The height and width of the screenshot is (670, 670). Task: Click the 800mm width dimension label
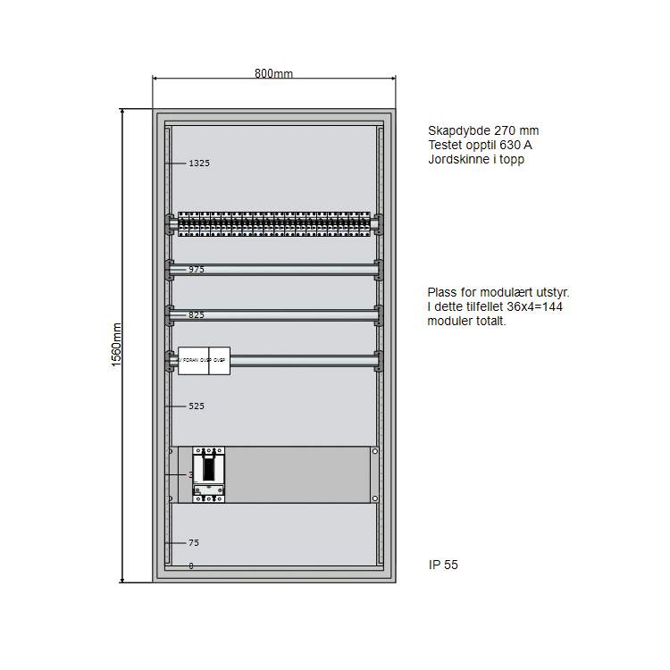(x=273, y=73)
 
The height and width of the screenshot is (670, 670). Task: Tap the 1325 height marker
(x=198, y=163)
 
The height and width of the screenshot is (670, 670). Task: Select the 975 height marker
(x=197, y=269)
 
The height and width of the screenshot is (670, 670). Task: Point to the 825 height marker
(x=197, y=314)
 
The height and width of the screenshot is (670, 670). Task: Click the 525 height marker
(x=197, y=406)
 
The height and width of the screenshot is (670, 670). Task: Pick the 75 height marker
(x=193, y=543)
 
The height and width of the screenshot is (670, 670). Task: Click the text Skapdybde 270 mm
(x=483, y=130)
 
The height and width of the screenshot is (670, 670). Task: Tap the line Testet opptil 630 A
(x=481, y=145)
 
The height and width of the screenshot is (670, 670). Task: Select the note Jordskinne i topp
(x=476, y=160)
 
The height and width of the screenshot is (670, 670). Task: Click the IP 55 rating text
(x=443, y=565)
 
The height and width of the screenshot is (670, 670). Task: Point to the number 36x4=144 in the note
(x=535, y=306)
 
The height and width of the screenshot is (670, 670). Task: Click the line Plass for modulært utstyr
(x=498, y=292)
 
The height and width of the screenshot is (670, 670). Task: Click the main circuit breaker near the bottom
(x=209, y=474)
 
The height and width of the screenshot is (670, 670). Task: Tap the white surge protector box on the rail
(x=204, y=361)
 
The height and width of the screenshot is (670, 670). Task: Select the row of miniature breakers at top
(x=273, y=223)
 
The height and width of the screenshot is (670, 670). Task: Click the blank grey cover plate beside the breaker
(x=297, y=474)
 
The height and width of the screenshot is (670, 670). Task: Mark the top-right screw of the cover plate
(x=374, y=451)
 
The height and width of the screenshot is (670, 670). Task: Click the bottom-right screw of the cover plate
(x=374, y=498)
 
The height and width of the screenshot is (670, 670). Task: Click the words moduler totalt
(x=466, y=322)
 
